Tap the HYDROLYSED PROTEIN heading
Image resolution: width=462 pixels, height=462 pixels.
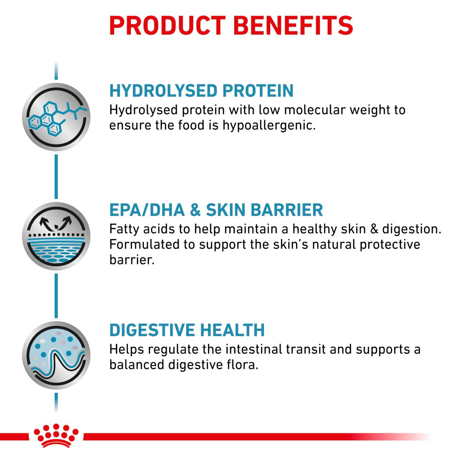(201, 91)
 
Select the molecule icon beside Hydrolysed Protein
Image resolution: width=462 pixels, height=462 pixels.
(56, 117)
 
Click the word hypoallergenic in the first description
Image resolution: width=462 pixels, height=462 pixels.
(269, 126)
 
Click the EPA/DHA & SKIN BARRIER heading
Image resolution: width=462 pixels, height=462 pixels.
(216, 210)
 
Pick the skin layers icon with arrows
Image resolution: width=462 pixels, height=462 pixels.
(56, 236)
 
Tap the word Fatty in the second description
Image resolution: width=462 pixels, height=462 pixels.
(124, 229)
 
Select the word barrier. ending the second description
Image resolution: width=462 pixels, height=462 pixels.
(132, 260)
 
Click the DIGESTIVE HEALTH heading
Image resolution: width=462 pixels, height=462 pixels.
(187, 330)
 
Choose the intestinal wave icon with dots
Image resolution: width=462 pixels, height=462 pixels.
(56, 355)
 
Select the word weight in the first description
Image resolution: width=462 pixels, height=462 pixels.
(368, 110)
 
